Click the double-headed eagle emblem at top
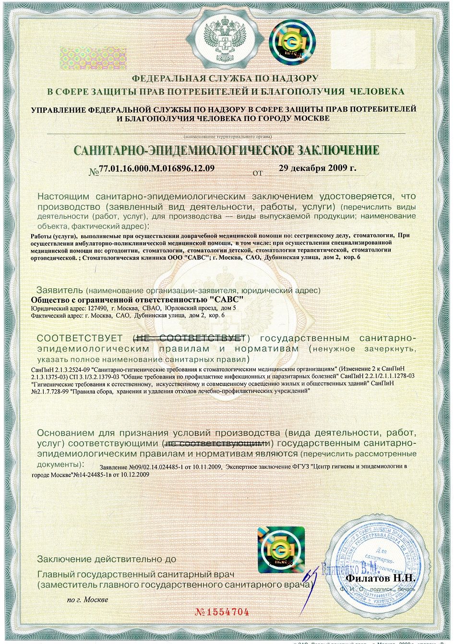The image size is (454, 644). coord(225,40)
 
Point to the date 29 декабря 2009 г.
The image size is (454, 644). coord(317,168)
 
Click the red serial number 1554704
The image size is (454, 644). coord(222,612)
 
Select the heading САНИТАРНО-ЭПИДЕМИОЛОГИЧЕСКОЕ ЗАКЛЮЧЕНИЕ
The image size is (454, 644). coord(226,150)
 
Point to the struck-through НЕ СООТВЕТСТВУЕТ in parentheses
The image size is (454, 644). coord(190,338)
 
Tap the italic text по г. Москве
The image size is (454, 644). coord(87,600)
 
